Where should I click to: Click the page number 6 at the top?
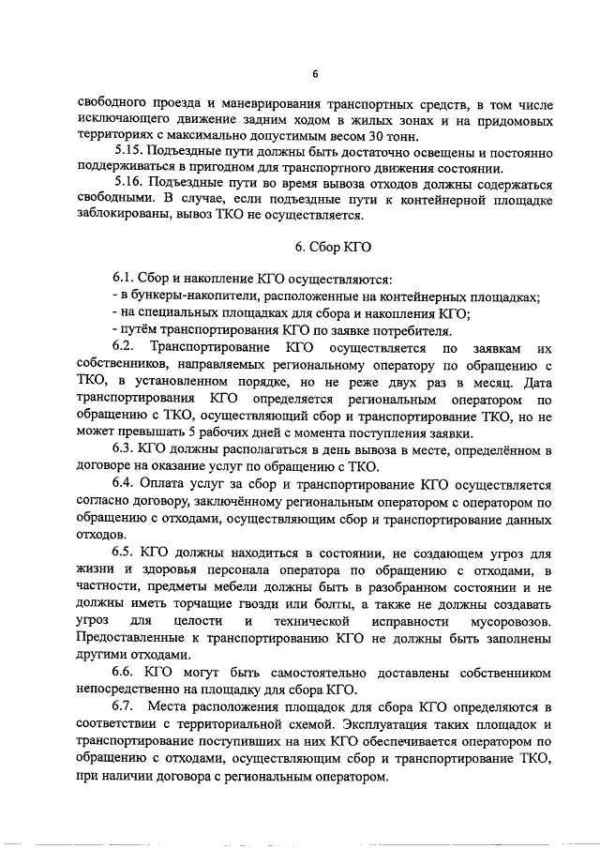315,74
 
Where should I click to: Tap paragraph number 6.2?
125,348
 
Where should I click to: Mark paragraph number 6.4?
126,482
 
